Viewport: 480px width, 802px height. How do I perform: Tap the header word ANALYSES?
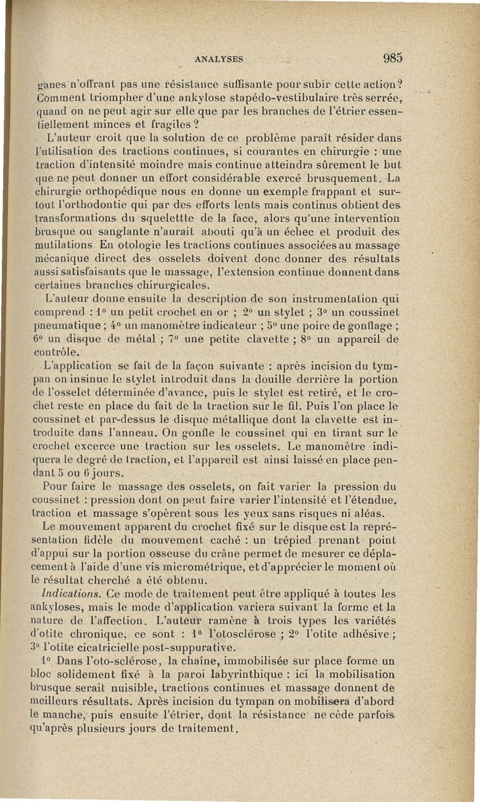[x=218, y=59]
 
